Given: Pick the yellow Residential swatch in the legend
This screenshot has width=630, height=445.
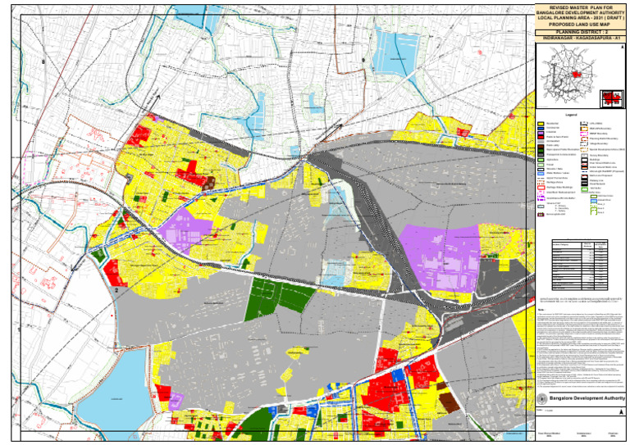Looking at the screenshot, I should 541,124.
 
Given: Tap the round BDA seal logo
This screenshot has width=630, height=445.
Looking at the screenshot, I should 541,397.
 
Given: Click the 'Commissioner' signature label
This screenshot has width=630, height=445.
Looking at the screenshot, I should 585,431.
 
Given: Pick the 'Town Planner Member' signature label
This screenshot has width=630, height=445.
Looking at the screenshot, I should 549,431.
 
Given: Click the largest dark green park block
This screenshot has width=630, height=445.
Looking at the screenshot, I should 278,294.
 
